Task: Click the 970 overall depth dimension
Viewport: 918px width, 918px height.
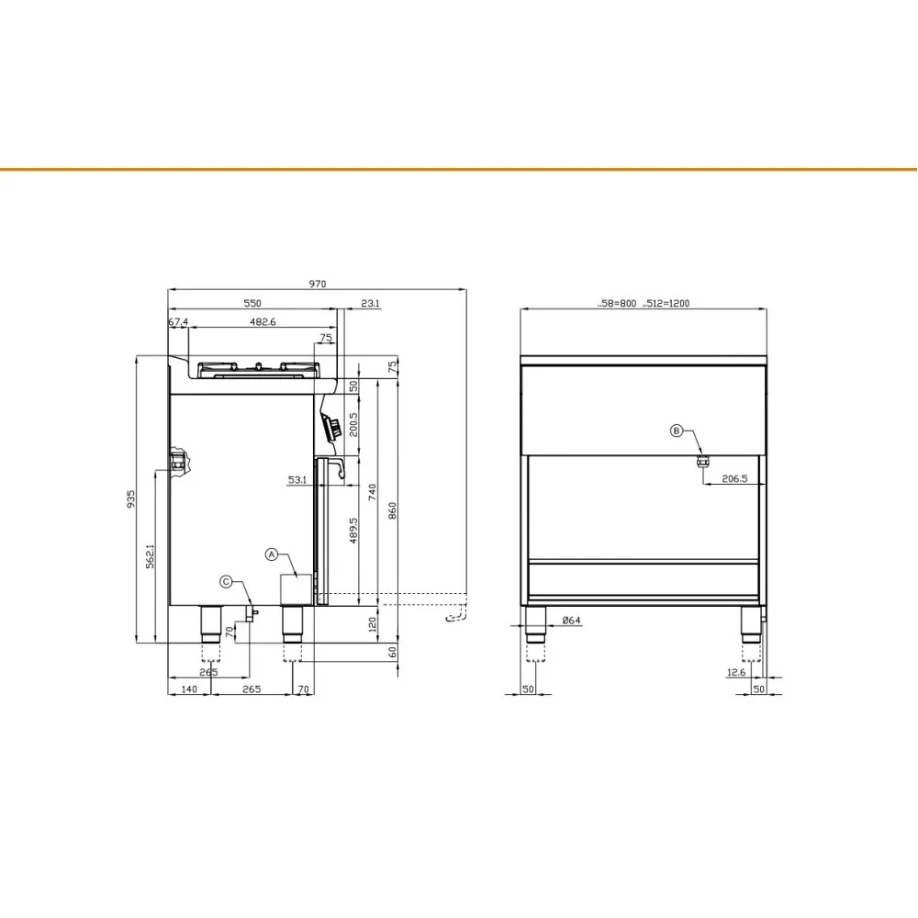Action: pyautogui.click(x=318, y=284)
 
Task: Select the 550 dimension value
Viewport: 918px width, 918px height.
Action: pyautogui.click(x=252, y=303)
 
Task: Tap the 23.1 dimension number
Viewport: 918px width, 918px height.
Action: pyautogui.click(x=371, y=303)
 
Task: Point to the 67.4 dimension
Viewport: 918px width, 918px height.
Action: pyautogui.click(x=178, y=322)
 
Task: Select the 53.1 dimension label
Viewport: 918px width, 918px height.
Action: pyautogui.click(x=297, y=479)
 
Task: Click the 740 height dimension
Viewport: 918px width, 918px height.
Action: pyautogui.click(x=373, y=492)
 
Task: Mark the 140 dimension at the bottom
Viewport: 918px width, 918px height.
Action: pyautogui.click(x=189, y=688)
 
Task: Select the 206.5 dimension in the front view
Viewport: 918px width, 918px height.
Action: pyautogui.click(x=734, y=479)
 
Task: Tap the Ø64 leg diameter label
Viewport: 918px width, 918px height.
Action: pyautogui.click(x=571, y=621)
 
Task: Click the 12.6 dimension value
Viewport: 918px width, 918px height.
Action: pyautogui.click(x=735, y=673)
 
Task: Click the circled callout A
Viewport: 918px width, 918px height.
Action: pyautogui.click(x=272, y=554)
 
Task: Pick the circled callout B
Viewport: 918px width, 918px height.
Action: pyautogui.click(x=677, y=430)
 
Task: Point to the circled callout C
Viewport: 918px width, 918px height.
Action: pyautogui.click(x=226, y=581)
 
